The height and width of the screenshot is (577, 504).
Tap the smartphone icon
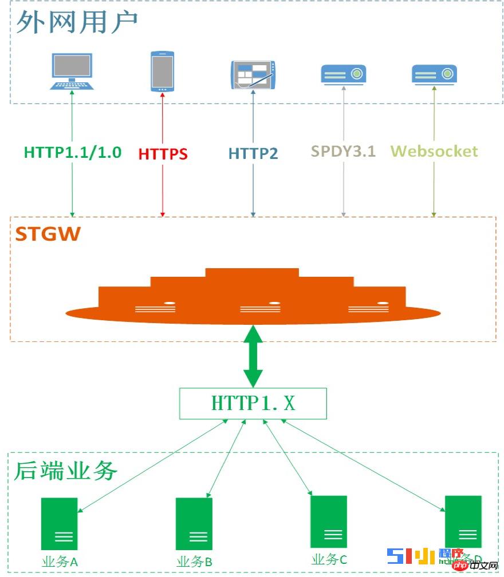tap(162, 71)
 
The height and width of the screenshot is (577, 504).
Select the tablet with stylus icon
tap(253, 74)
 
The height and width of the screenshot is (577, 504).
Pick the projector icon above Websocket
tap(434, 74)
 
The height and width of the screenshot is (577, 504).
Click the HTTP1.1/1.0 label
tap(73, 152)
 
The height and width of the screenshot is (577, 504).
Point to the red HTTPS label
tap(163, 154)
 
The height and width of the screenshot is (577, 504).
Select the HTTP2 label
tap(253, 153)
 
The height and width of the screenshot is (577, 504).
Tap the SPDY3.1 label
tap(344, 151)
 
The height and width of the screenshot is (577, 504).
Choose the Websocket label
tap(434, 151)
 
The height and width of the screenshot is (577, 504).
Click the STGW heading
tap(48, 234)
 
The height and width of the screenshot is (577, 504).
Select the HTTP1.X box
tap(253, 403)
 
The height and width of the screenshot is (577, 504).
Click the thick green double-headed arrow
tap(253, 356)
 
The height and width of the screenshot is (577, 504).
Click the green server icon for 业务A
tap(59, 523)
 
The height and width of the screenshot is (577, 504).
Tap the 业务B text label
tap(195, 562)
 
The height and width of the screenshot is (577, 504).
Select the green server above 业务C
tap(329, 522)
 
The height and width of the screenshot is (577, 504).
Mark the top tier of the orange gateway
tap(252, 273)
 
